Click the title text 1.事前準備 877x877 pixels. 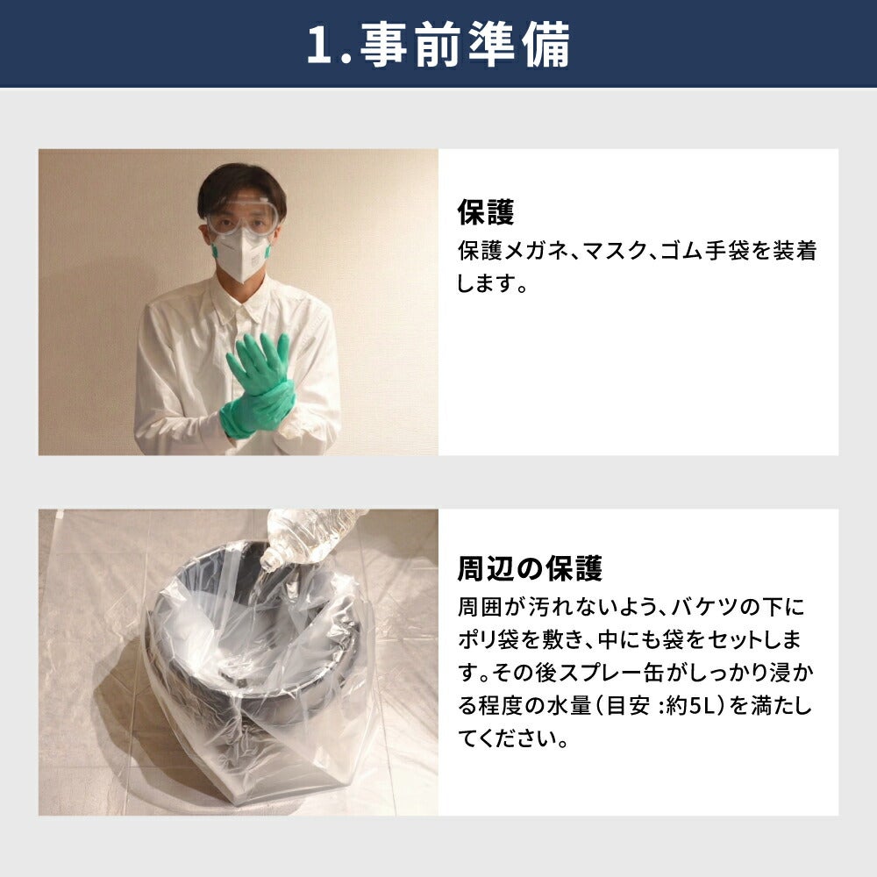[x=438, y=44]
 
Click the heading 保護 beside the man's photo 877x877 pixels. [x=486, y=212]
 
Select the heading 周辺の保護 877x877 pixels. [x=530, y=568]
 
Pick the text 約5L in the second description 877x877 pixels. [x=690, y=706]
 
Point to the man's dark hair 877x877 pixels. [x=242, y=184]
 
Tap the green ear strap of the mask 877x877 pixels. [x=214, y=251]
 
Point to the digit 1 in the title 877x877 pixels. [x=319, y=46]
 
